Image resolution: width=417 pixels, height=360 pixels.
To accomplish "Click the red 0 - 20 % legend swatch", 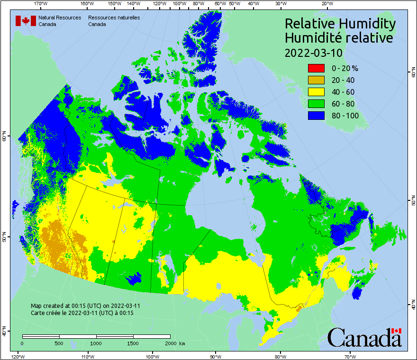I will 316,68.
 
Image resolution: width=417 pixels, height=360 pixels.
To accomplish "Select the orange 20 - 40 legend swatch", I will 316,80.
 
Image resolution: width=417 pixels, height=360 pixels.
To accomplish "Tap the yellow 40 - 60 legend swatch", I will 316,92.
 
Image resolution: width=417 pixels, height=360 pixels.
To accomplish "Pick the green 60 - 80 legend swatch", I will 316,104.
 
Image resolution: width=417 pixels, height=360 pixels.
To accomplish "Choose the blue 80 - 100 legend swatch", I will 316,116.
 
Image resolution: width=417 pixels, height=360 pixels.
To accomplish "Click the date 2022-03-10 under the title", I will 313,53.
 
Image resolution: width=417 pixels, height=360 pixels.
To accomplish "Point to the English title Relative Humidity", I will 339,23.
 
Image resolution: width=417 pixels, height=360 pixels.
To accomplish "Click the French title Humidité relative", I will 338,38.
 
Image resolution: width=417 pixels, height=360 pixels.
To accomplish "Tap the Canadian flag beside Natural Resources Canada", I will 26,21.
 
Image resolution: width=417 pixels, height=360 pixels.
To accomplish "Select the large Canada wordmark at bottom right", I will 364,338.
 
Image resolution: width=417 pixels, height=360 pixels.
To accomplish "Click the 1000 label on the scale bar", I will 96,343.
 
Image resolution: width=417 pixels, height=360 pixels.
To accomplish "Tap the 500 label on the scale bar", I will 59,343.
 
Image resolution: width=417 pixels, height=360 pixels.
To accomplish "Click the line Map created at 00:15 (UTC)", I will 85,306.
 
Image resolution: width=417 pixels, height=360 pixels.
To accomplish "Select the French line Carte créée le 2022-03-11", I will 82,313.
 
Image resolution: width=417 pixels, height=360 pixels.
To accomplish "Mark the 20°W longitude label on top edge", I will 326,3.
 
